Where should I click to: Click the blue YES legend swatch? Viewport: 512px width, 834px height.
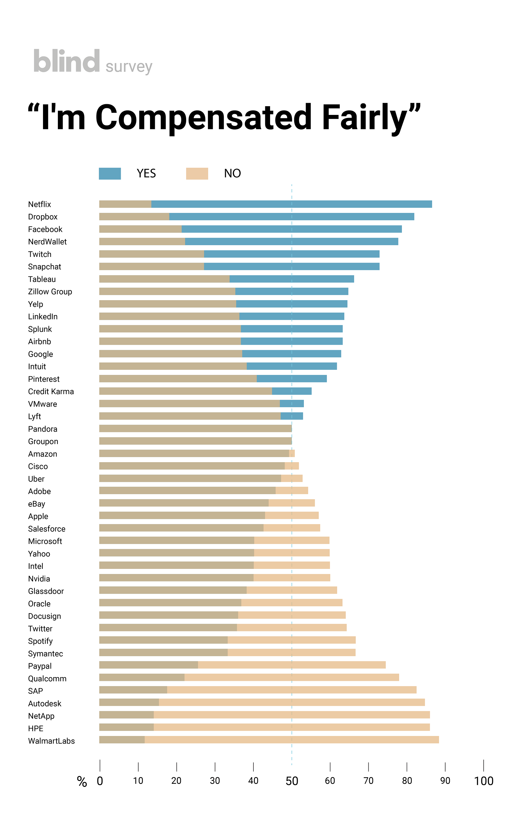tap(110, 174)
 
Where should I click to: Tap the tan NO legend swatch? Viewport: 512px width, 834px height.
tap(197, 174)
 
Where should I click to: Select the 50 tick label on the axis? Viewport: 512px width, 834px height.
tap(292, 781)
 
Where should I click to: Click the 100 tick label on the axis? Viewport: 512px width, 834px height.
tap(484, 781)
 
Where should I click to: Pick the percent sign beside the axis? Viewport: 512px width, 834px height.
tap(82, 781)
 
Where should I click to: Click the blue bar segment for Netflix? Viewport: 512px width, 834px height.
tap(291, 204)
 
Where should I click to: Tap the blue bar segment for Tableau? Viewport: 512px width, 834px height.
tap(292, 279)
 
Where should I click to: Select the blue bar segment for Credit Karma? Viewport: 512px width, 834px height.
tap(292, 391)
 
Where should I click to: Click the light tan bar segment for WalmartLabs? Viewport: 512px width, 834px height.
tap(292, 740)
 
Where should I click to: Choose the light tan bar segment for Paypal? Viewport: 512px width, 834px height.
tap(292, 665)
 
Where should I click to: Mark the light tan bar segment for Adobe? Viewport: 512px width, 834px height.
tap(292, 491)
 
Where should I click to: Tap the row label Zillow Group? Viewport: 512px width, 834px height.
tap(50, 292)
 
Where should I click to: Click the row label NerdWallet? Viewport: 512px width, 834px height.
tap(47, 242)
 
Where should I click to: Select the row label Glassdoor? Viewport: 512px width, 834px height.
tap(46, 591)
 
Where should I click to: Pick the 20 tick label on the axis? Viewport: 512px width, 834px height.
tap(176, 781)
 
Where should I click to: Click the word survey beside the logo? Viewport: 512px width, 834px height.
tap(129, 67)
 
